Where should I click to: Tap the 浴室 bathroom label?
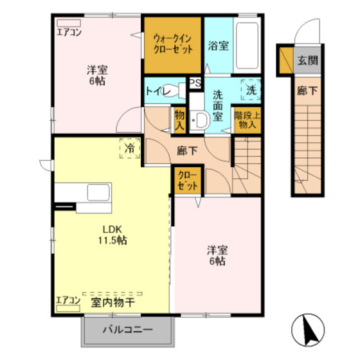219,46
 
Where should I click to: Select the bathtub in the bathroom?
247,46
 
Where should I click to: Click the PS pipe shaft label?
195,83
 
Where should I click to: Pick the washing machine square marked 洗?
251,89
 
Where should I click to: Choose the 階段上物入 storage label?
248,120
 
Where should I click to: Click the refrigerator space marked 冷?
130,148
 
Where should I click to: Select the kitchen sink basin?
98,192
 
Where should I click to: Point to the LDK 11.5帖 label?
113,235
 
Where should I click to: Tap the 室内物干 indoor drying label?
113,302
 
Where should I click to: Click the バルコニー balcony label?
128,330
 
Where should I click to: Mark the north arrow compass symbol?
308,330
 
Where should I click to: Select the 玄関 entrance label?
308,60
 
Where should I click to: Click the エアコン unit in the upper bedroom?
69,23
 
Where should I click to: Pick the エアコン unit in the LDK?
68,309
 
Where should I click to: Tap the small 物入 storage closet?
180,120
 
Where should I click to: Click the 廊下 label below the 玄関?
307,91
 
